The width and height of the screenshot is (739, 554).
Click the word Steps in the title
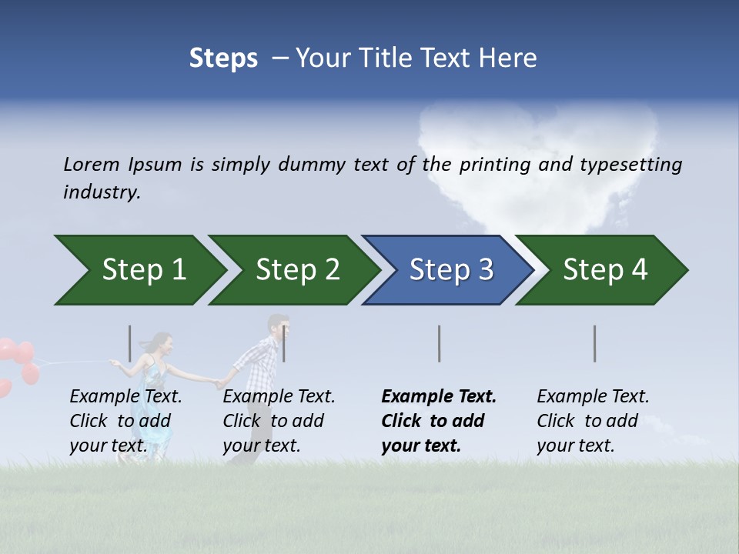(x=223, y=58)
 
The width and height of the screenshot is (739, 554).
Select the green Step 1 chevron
(x=139, y=270)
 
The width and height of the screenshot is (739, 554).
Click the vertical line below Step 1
(x=129, y=343)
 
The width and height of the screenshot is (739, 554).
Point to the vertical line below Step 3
(x=440, y=343)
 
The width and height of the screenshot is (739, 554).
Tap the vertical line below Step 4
(x=595, y=343)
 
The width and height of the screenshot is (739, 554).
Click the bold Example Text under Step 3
(x=439, y=397)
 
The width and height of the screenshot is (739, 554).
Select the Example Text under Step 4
(x=593, y=397)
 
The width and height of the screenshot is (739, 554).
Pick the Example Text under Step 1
(x=125, y=397)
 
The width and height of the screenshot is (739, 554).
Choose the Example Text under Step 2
(x=279, y=397)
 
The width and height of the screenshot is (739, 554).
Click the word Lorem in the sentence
(x=92, y=164)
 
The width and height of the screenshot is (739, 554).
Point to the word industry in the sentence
(x=102, y=192)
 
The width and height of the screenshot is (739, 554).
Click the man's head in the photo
(x=278, y=326)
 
